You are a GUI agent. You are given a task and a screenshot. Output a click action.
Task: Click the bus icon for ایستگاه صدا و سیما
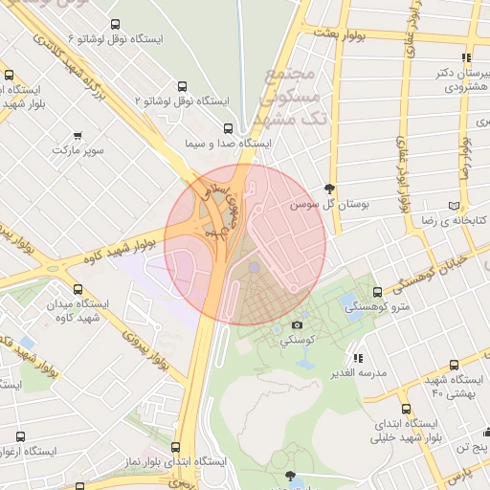point(227,128)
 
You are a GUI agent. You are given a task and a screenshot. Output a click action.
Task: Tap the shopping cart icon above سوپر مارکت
point(77,136)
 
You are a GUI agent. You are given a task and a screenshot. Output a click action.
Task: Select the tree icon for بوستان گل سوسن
point(330,189)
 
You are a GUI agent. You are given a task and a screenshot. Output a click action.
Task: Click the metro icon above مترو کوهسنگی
point(377,292)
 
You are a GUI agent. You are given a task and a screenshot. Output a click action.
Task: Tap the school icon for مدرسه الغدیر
point(359,357)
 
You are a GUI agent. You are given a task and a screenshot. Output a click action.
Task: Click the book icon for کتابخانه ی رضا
point(466,206)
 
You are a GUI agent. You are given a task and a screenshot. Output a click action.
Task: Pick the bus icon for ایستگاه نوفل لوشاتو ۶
point(116,25)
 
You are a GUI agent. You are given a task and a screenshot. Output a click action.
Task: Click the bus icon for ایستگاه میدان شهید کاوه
point(77,287)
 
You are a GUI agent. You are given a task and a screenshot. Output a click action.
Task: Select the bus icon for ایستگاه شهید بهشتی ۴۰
point(453,365)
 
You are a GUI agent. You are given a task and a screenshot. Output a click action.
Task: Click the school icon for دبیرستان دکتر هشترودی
point(466,57)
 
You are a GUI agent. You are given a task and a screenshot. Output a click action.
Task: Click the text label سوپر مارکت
point(77,151)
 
